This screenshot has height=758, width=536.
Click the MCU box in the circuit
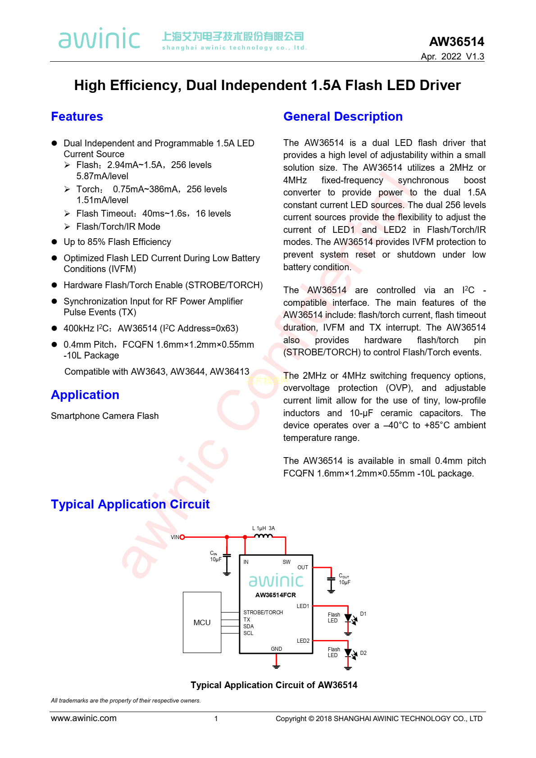click(x=202, y=622)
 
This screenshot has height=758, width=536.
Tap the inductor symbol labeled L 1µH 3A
click(x=263, y=536)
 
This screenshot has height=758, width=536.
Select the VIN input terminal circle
click(x=182, y=537)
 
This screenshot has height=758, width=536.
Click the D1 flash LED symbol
click(x=348, y=618)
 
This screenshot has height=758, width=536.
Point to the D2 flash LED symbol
click(x=348, y=653)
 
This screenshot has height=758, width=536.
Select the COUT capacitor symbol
click(x=331, y=579)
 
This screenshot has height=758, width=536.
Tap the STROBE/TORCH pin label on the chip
click(x=263, y=613)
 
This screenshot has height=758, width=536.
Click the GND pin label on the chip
click(x=277, y=649)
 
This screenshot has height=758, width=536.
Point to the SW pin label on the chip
click(x=286, y=562)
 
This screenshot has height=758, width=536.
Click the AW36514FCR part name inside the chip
click(x=276, y=595)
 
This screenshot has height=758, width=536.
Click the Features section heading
click(x=77, y=117)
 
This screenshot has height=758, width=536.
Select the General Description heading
click(x=343, y=117)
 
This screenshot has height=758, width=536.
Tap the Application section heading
click(x=85, y=395)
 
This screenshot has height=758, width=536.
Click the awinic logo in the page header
click(x=100, y=39)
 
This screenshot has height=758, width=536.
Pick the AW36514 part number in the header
click(x=456, y=42)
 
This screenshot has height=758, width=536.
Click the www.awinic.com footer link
click(x=84, y=718)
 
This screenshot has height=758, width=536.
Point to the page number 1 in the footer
click(x=216, y=719)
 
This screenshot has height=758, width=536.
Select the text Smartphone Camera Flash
click(x=105, y=416)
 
